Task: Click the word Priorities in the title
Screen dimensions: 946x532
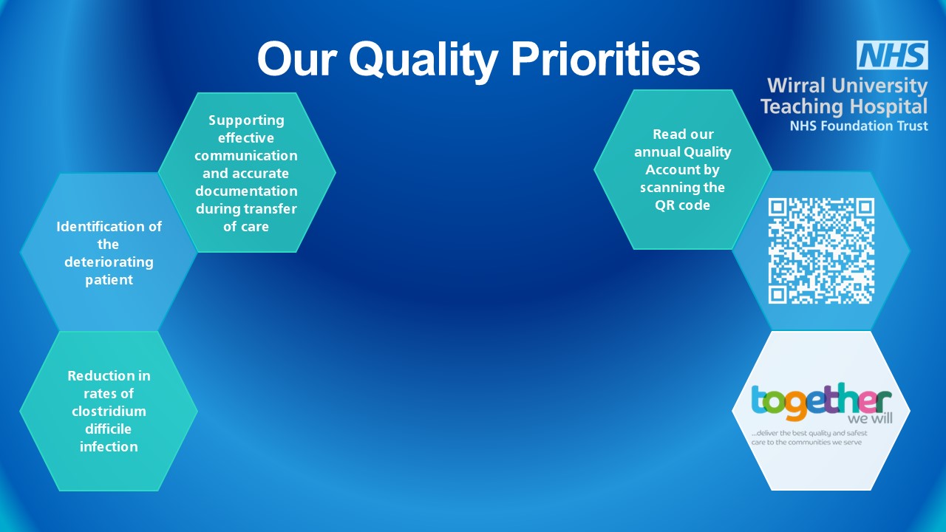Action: [605, 58]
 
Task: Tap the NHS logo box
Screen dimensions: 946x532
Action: [892, 55]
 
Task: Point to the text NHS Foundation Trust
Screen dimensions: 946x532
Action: [859, 126]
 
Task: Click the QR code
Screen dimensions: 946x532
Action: [821, 250]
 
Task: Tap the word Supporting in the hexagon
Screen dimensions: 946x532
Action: [246, 120]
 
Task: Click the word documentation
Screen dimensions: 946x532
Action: [246, 191]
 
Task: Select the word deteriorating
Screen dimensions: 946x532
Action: [109, 262]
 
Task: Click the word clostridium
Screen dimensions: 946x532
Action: [109, 411]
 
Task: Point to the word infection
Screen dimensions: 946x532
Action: [109, 446]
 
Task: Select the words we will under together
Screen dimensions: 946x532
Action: [870, 418]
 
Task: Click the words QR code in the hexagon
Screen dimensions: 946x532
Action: [682, 205]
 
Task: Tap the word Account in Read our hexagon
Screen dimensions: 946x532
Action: [669, 169]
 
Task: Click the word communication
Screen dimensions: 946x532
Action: [246, 155]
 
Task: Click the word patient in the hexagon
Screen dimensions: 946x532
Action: [109, 280]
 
